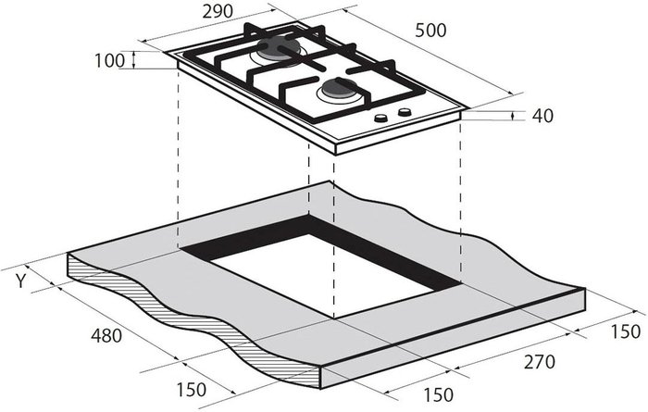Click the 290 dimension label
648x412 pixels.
pyautogui.click(x=218, y=11)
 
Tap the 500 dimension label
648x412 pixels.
pyautogui.click(x=430, y=31)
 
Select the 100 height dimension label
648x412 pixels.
pyautogui.click(x=109, y=61)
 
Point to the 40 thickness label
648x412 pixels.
pyautogui.click(x=542, y=116)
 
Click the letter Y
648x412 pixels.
pyautogui.click(x=20, y=281)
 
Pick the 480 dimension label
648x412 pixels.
pyautogui.click(x=106, y=335)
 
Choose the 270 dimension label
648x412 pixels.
pyautogui.click(x=540, y=362)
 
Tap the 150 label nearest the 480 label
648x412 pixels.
pyautogui.click(x=191, y=390)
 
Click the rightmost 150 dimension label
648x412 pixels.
pyautogui.click(x=625, y=331)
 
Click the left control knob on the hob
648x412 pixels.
pyautogui.click(x=380, y=119)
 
